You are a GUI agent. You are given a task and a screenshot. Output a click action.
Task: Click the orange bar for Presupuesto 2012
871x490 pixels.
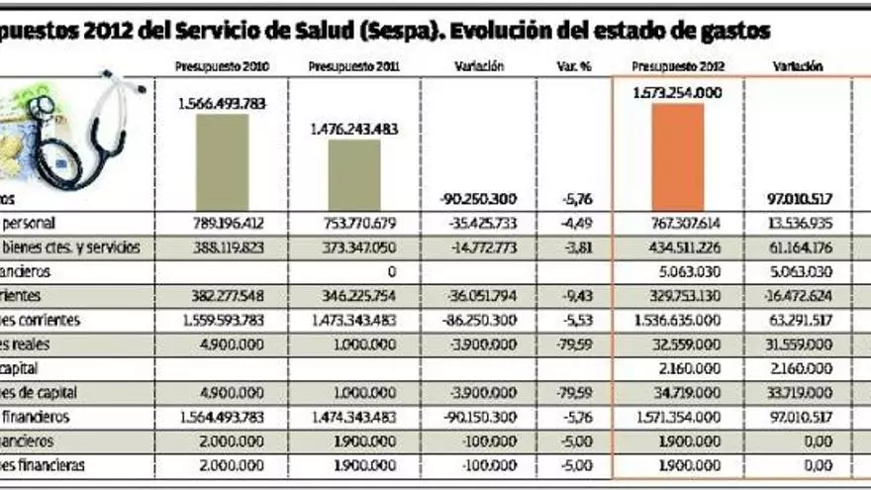click(x=678, y=155)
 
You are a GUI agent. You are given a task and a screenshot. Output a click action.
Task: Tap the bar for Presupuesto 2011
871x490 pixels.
click(x=353, y=173)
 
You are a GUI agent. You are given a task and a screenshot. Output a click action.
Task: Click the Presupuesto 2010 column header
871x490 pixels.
click(x=222, y=67)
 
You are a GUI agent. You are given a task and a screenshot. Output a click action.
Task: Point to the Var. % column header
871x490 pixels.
click(x=573, y=67)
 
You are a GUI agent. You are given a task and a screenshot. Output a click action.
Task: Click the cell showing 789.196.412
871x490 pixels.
click(x=222, y=224)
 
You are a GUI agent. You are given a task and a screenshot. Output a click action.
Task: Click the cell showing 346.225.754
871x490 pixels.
click(x=353, y=295)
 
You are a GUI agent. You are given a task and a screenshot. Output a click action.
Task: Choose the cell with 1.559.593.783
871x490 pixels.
click(x=222, y=320)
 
